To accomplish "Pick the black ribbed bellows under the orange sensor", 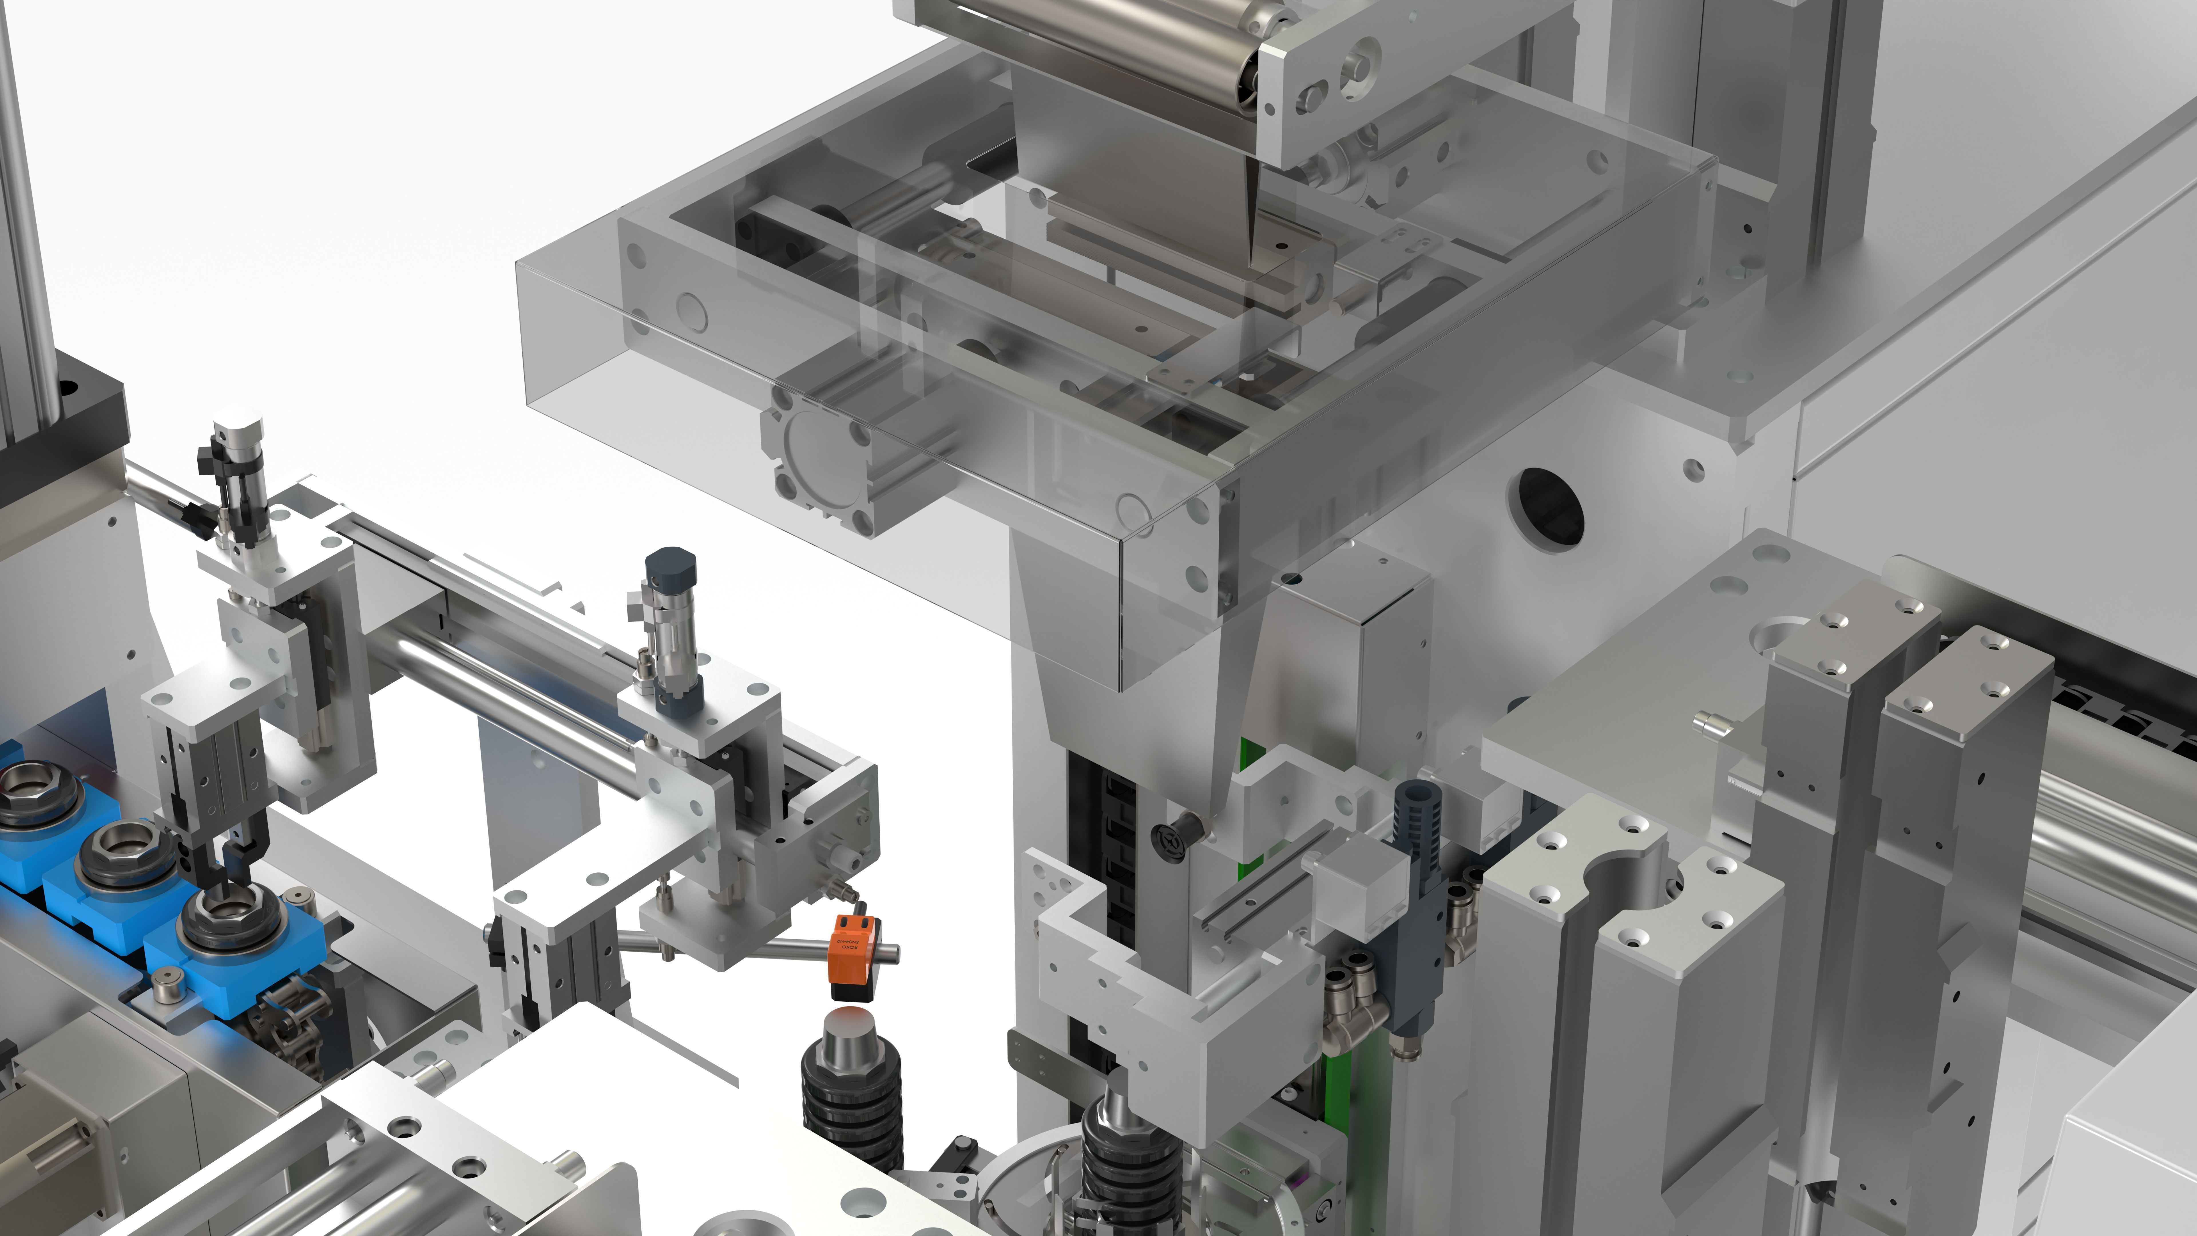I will (851, 1109).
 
